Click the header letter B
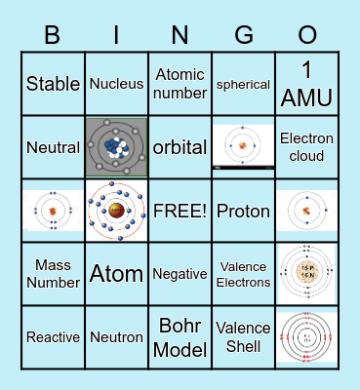tap(54, 36)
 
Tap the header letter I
tap(116, 36)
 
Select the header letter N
tap(180, 36)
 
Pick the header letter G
tap(243, 36)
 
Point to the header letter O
tap(307, 36)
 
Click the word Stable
tap(54, 84)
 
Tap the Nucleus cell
tap(116, 84)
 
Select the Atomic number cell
tap(180, 84)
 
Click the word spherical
tap(243, 84)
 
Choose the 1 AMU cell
tap(306, 84)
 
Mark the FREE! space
tap(180, 211)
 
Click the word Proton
tap(243, 211)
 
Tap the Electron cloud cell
tap(306, 147)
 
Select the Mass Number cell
tap(54, 274)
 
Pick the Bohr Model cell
tap(180, 337)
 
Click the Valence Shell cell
tap(243, 337)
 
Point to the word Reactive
tap(54, 337)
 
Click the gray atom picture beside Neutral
tap(116, 147)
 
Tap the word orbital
tap(180, 148)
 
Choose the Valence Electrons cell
tap(243, 274)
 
